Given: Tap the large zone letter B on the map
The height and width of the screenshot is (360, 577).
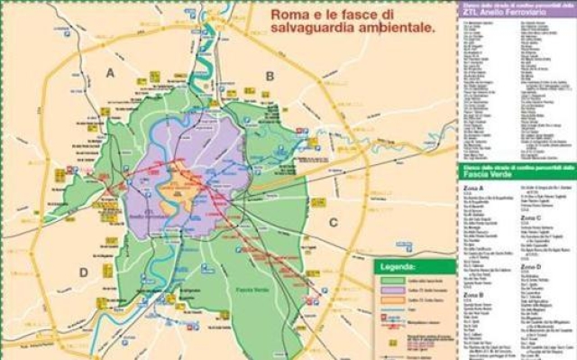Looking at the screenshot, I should click(269, 76).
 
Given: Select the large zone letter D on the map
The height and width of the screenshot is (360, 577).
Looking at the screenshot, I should click(83, 272).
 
